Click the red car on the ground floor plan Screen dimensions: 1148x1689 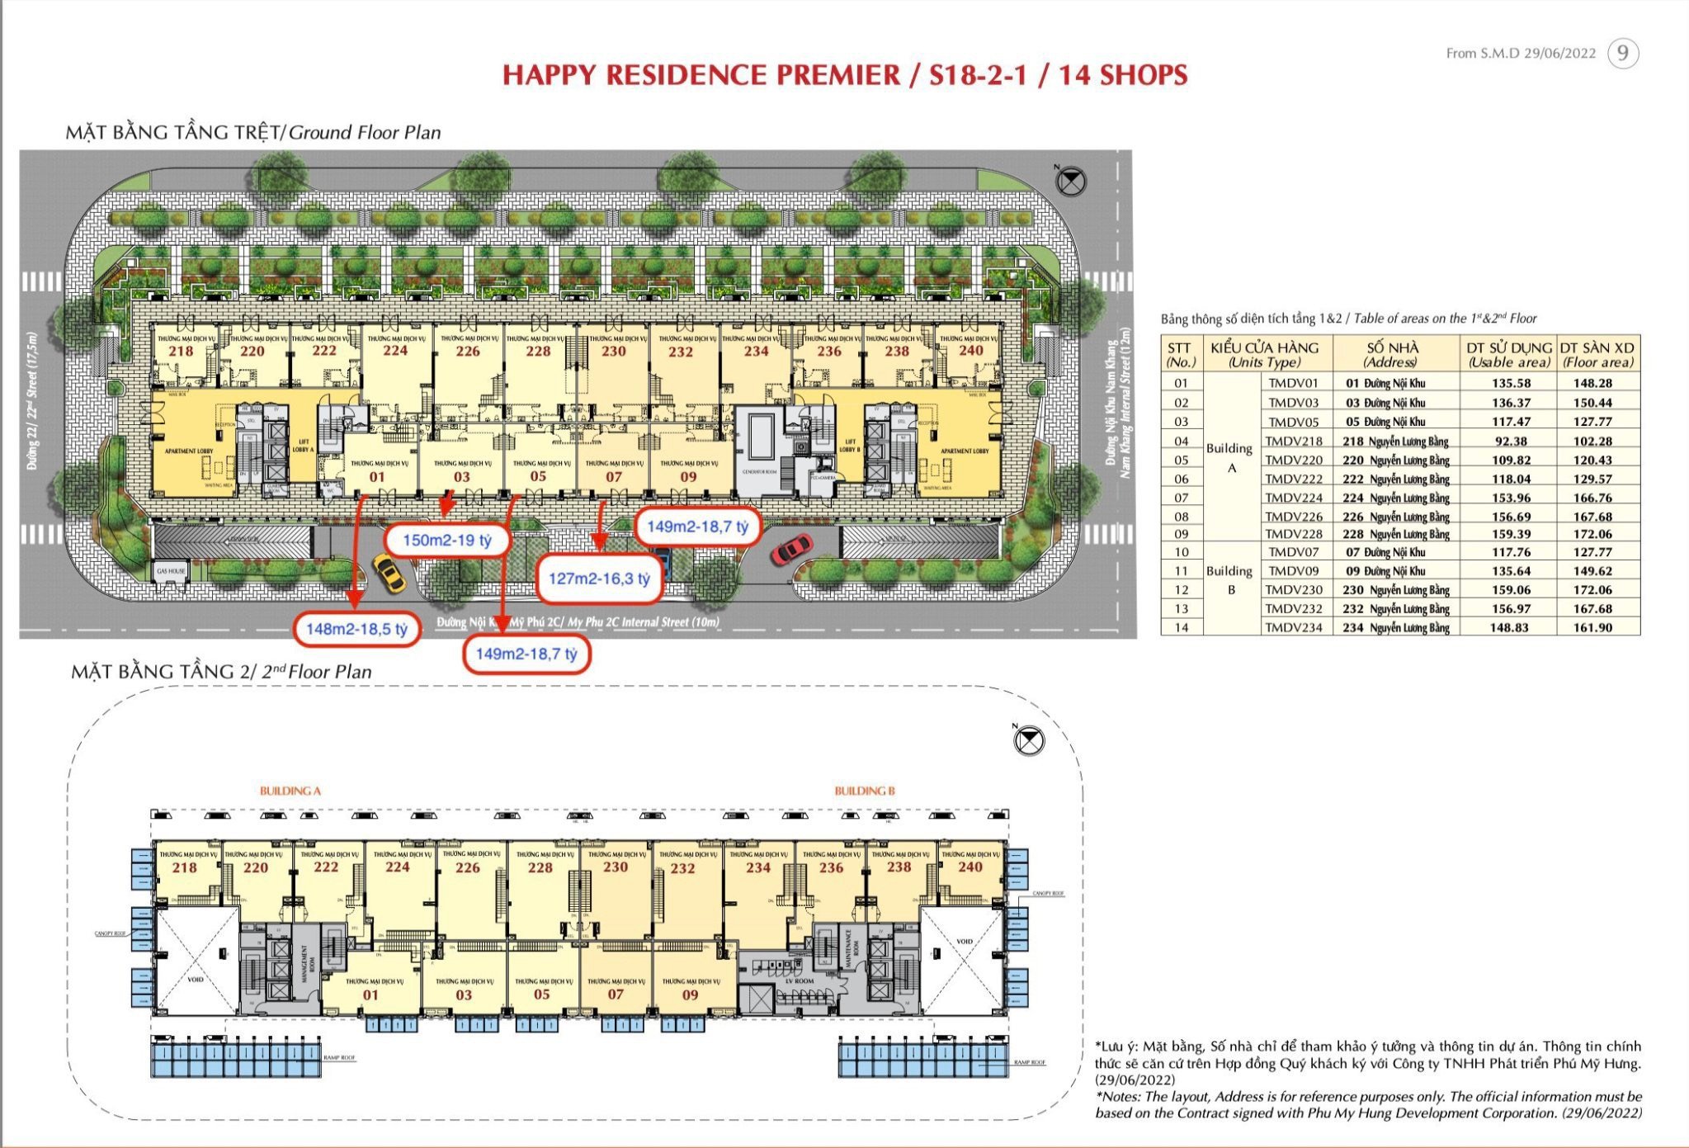791,550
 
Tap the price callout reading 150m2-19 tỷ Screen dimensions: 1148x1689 447,541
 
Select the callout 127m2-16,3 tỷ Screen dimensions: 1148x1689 599,579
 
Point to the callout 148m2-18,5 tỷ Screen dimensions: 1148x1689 356,629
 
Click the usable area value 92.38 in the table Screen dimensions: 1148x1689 1510,442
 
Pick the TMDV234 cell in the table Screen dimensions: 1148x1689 1294,627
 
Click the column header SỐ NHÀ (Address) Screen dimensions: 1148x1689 1392,354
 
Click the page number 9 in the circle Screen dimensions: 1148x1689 1622,54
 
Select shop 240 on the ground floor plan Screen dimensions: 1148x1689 970,350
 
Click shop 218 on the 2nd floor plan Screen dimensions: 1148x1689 184,867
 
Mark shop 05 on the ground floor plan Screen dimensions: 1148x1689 538,476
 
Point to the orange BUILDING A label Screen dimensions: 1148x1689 290,791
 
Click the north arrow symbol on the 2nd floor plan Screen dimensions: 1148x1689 1028,740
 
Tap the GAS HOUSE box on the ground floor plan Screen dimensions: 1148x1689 171,571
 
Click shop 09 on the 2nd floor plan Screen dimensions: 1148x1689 690,994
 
